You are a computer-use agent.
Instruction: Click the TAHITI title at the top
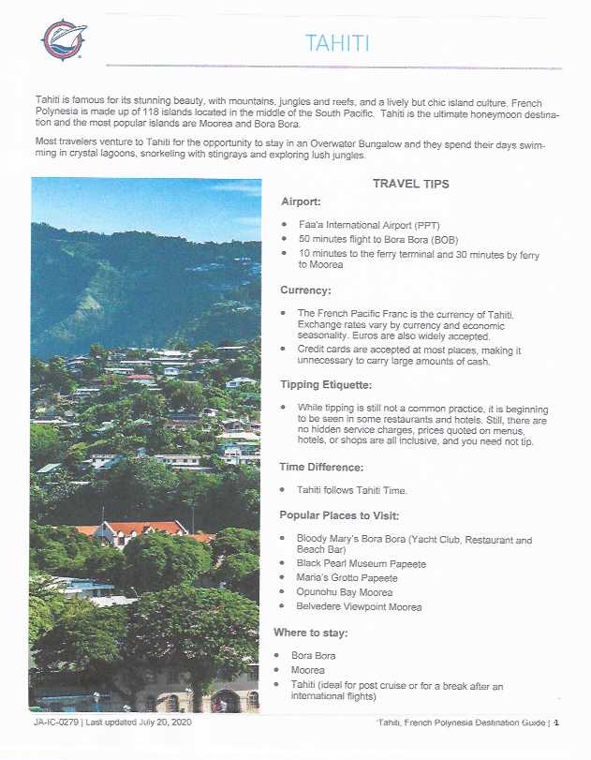coord(337,43)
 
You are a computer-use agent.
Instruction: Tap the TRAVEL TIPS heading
coord(410,184)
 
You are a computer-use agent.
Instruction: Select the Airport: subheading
coord(303,201)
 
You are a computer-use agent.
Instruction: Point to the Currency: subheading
coord(305,291)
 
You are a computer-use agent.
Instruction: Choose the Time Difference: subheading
coord(323,466)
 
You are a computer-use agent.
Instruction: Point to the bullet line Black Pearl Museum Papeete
coord(361,564)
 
